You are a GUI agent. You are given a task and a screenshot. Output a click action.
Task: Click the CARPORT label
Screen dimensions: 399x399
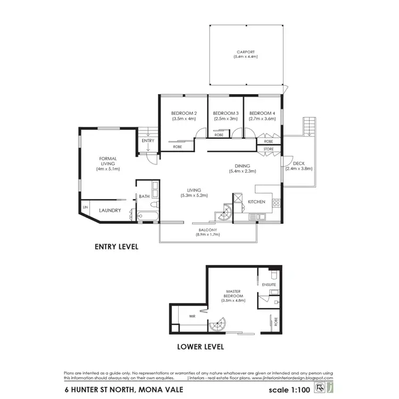click(x=245, y=53)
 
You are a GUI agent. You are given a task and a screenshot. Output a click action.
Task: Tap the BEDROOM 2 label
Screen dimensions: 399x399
click(x=184, y=113)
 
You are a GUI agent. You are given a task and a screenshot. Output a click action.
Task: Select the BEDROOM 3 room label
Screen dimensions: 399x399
click(x=226, y=113)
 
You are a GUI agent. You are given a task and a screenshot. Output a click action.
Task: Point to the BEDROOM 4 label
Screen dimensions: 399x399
click(x=262, y=113)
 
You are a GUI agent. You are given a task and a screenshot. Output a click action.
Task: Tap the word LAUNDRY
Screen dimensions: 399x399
click(x=110, y=211)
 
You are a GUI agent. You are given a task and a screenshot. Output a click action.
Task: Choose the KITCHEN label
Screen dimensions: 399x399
click(x=257, y=202)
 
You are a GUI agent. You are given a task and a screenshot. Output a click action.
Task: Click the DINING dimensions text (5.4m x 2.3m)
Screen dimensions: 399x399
click(x=243, y=171)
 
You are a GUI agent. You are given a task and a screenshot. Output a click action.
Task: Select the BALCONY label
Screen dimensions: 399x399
click(x=208, y=230)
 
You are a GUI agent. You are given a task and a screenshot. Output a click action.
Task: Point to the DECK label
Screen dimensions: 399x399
click(x=298, y=163)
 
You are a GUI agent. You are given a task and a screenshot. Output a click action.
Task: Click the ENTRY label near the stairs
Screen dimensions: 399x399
click(x=148, y=141)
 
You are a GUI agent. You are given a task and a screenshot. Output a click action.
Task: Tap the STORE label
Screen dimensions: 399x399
click(x=268, y=149)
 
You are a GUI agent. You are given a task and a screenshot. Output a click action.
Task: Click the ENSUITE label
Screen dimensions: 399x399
click(x=269, y=285)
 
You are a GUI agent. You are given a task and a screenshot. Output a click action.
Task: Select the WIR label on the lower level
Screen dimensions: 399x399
click(x=193, y=317)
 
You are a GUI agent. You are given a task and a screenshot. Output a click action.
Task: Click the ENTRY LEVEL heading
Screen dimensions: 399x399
click(x=117, y=247)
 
